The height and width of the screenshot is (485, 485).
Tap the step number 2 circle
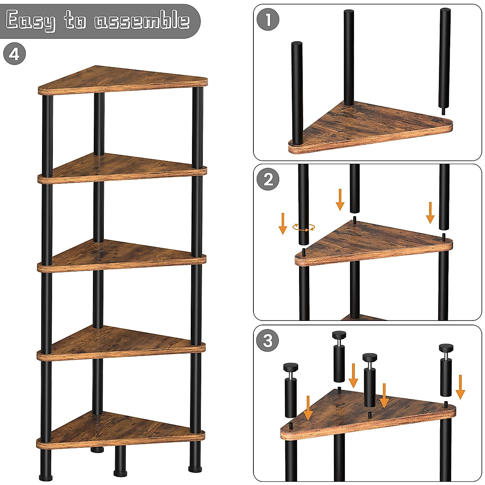(x=268, y=180)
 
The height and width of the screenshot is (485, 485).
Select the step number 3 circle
(x=268, y=341)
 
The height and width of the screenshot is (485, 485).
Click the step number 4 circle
(x=15, y=54)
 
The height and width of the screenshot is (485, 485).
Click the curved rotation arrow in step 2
(x=304, y=228)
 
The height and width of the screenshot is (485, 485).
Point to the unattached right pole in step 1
(x=445, y=59)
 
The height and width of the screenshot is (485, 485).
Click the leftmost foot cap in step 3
(x=291, y=367)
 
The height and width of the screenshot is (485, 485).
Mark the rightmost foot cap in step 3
(x=447, y=348)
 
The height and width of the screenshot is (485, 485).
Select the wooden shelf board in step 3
(x=368, y=414)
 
